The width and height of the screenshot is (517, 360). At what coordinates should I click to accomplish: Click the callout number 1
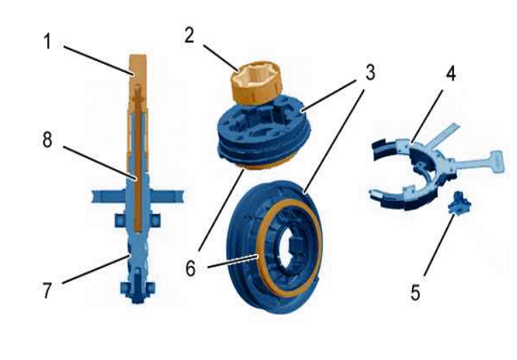[48, 43]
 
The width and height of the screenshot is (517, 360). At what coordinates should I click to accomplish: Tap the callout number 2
[189, 36]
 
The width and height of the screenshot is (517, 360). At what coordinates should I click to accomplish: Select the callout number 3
[370, 73]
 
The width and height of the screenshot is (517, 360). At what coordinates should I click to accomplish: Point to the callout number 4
[450, 74]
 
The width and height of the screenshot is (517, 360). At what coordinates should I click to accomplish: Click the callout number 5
[415, 292]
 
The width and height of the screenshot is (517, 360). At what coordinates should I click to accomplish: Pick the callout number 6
[191, 269]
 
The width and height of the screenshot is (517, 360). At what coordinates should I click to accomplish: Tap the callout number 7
[47, 291]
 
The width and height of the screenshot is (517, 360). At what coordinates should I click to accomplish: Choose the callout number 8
[47, 139]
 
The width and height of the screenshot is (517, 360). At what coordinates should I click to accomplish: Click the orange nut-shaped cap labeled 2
[256, 82]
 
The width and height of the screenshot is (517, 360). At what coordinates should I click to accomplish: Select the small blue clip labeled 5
[459, 203]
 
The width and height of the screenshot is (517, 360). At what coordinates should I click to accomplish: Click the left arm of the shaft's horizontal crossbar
[109, 196]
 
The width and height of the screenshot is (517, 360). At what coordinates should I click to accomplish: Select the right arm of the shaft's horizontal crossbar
[167, 196]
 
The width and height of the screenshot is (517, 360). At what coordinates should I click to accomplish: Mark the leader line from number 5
[439, 245]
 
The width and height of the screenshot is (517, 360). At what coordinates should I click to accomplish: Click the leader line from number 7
[96, 269]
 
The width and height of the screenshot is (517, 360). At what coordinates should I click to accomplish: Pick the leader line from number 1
[99, 61]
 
